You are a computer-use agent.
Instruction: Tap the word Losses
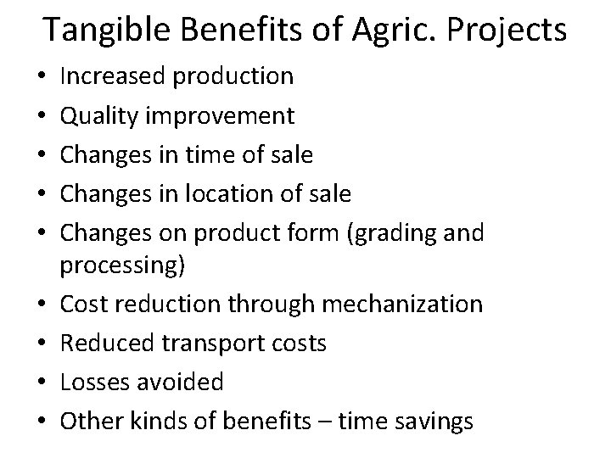pos(90,382)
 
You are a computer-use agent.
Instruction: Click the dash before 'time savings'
pos(322,421)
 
